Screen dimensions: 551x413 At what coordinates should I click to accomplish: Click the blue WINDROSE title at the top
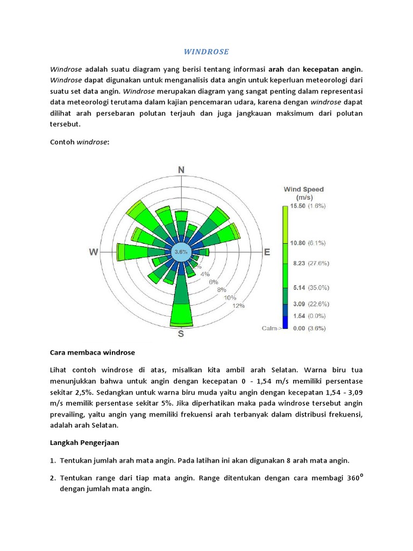(206, 52)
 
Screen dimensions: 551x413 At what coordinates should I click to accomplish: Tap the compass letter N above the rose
(182, 170)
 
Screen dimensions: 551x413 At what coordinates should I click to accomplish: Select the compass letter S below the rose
(181, 335)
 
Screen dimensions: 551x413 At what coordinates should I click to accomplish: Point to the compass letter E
(267, 252)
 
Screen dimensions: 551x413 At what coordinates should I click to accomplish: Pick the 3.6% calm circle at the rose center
(181, 252)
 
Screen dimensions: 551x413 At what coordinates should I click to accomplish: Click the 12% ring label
(239, 306)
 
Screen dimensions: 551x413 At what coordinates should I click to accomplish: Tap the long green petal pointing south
(181, 312)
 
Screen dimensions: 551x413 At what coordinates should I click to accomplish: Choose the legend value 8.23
(298, 263)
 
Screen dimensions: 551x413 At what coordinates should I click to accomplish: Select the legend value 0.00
(298, 328)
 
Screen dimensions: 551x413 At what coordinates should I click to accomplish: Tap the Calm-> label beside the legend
(272, 328)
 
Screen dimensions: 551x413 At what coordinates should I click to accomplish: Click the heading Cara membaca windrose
(92, 352)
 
